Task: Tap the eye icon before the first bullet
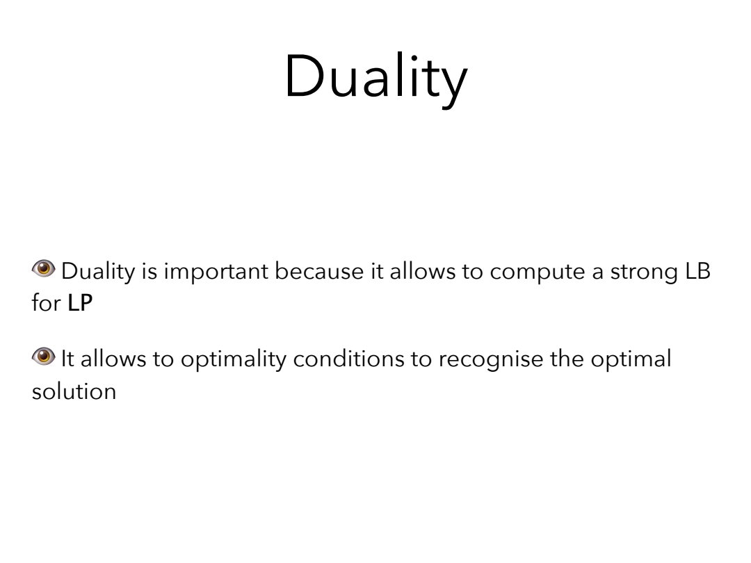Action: pyautogui.click(x=44, y=268)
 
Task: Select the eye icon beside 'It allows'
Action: pyautogui.click(x=44, y=356)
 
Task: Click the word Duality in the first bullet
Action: pyautogui.click(x=98, y=272)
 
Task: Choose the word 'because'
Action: pyautogui.click(x=319, y=272)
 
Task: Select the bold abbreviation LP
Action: pyautogui.click(x=80, y=303)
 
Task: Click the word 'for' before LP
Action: pyautogui.click(x=46, y=302)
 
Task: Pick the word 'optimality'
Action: pyautogui.click(x=234, y=360)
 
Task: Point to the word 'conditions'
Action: pyautogui.click(x=348, y=359)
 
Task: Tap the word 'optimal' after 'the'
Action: pyautogui.click(x=631, y=360)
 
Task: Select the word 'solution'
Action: pyautogui.click(x=74, y=391)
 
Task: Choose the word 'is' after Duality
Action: pyautogui.click(x=150, y=272)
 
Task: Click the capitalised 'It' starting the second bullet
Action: pyautogui.click(x=67, y=359)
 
